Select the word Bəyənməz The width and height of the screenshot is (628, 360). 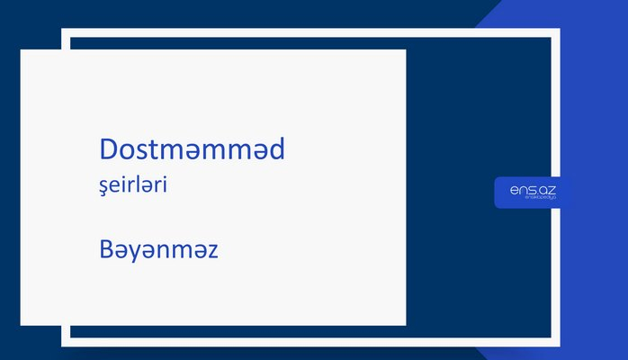[x=158, y=249]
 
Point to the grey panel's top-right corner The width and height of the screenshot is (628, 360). [x=405, y=50]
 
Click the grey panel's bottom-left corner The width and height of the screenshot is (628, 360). [x=22, y=323]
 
